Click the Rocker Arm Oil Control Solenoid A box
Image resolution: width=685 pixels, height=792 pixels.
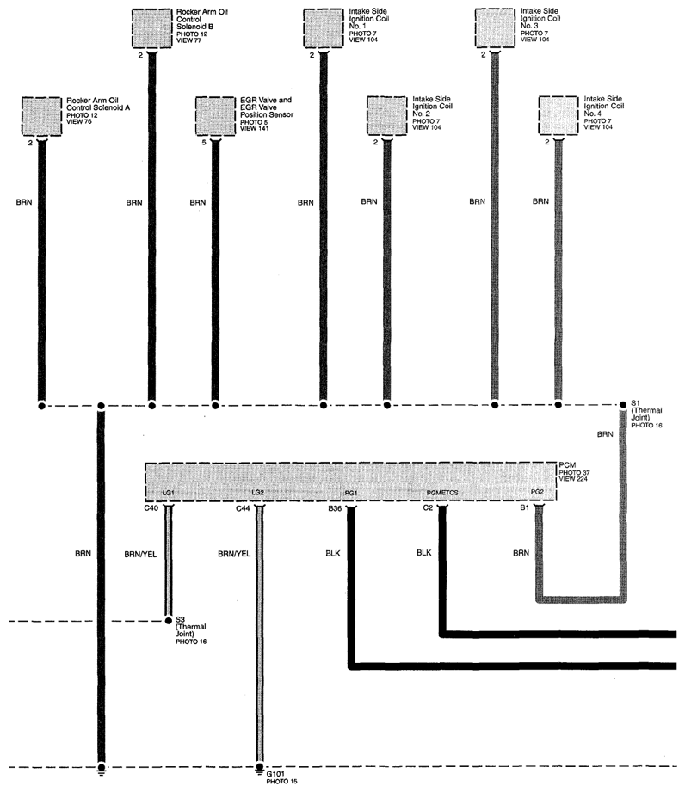42,117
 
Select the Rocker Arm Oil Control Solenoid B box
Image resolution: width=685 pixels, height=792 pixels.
151,28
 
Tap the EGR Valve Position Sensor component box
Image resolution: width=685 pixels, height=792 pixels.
215,116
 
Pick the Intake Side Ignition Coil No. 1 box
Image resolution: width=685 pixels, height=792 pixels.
324,28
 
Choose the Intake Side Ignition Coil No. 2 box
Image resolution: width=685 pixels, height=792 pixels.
387,116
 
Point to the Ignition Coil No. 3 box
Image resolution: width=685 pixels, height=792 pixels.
495,28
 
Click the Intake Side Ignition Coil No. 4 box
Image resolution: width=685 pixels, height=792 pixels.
558,116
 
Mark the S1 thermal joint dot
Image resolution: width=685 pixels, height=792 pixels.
623,404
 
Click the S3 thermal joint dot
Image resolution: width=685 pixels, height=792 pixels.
169,621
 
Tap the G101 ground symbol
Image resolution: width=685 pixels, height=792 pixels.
259,770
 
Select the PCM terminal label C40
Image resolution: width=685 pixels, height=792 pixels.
151,508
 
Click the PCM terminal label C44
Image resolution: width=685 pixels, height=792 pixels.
243,508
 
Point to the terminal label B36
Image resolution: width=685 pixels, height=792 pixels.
335,508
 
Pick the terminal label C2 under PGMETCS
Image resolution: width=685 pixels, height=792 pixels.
428,507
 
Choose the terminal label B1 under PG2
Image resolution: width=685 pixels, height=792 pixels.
524,507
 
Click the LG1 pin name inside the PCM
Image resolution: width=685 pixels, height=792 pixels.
169,493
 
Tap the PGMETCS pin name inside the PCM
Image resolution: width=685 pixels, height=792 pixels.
442,493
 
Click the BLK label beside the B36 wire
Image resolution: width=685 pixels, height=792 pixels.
333,554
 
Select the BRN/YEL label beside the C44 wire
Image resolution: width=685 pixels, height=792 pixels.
234,554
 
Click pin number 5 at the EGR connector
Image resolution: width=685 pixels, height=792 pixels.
204,143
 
